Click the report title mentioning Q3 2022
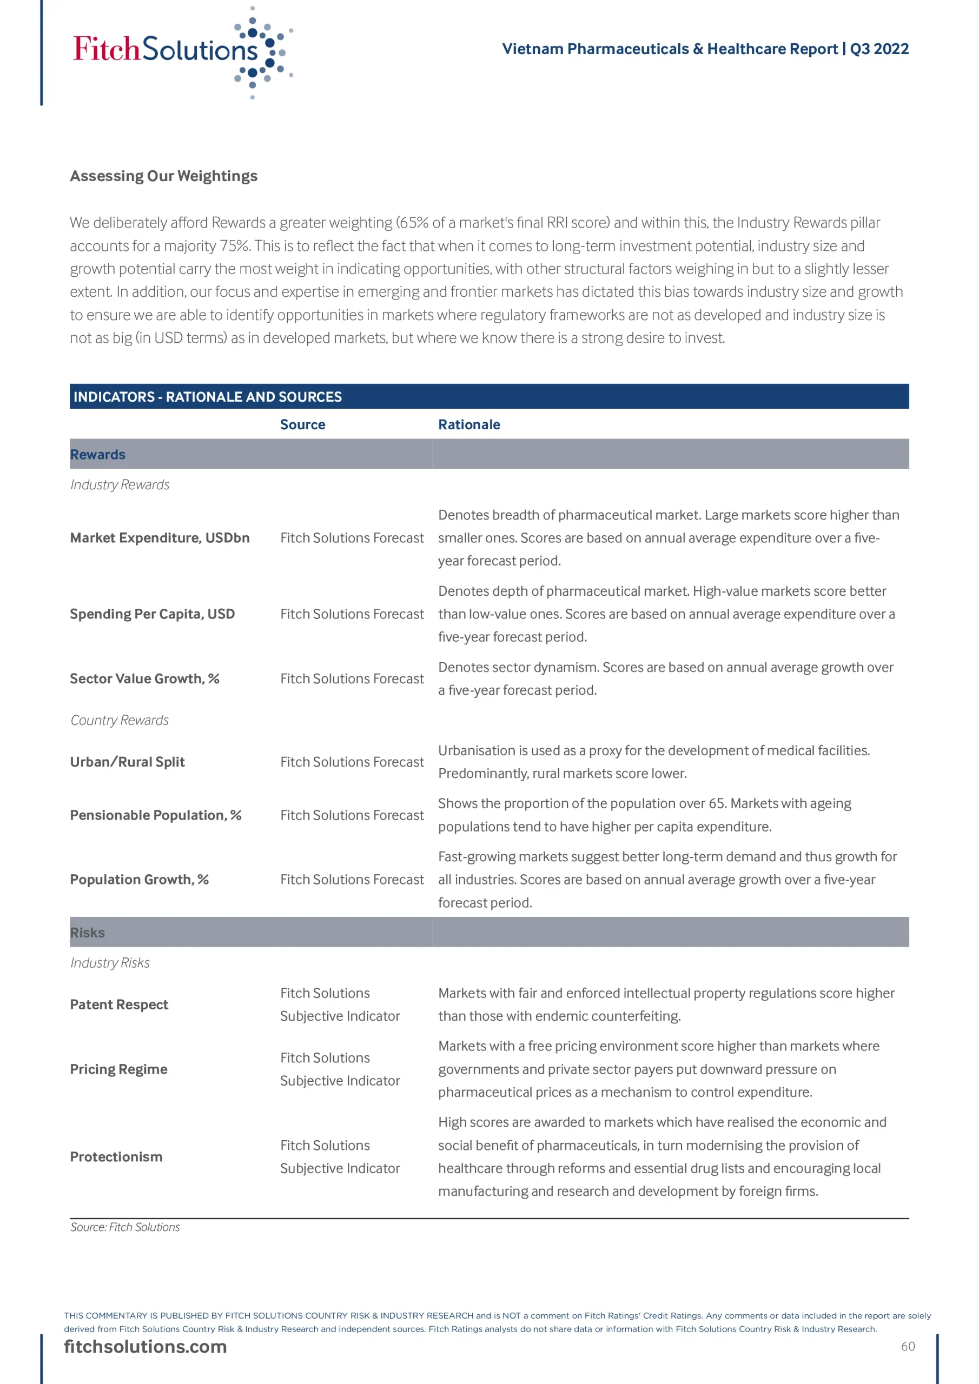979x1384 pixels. coord(705,49)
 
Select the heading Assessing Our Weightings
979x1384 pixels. coord(163,176)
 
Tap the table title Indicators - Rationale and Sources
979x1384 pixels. coord(208,397)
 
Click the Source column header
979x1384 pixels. coord(302,424)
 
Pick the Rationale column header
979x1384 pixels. coord(469,424)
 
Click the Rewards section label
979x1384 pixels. coord(98,455)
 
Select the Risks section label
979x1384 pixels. coord(88,933)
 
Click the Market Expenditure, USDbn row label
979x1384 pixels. coord(160,538)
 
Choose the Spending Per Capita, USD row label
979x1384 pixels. coord(153,614)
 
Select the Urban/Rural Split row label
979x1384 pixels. coord(127,762)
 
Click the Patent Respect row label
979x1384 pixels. coord(119,1004)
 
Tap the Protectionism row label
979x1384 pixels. coord(116,1157)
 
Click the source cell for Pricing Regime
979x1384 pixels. coord(340,1069)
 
